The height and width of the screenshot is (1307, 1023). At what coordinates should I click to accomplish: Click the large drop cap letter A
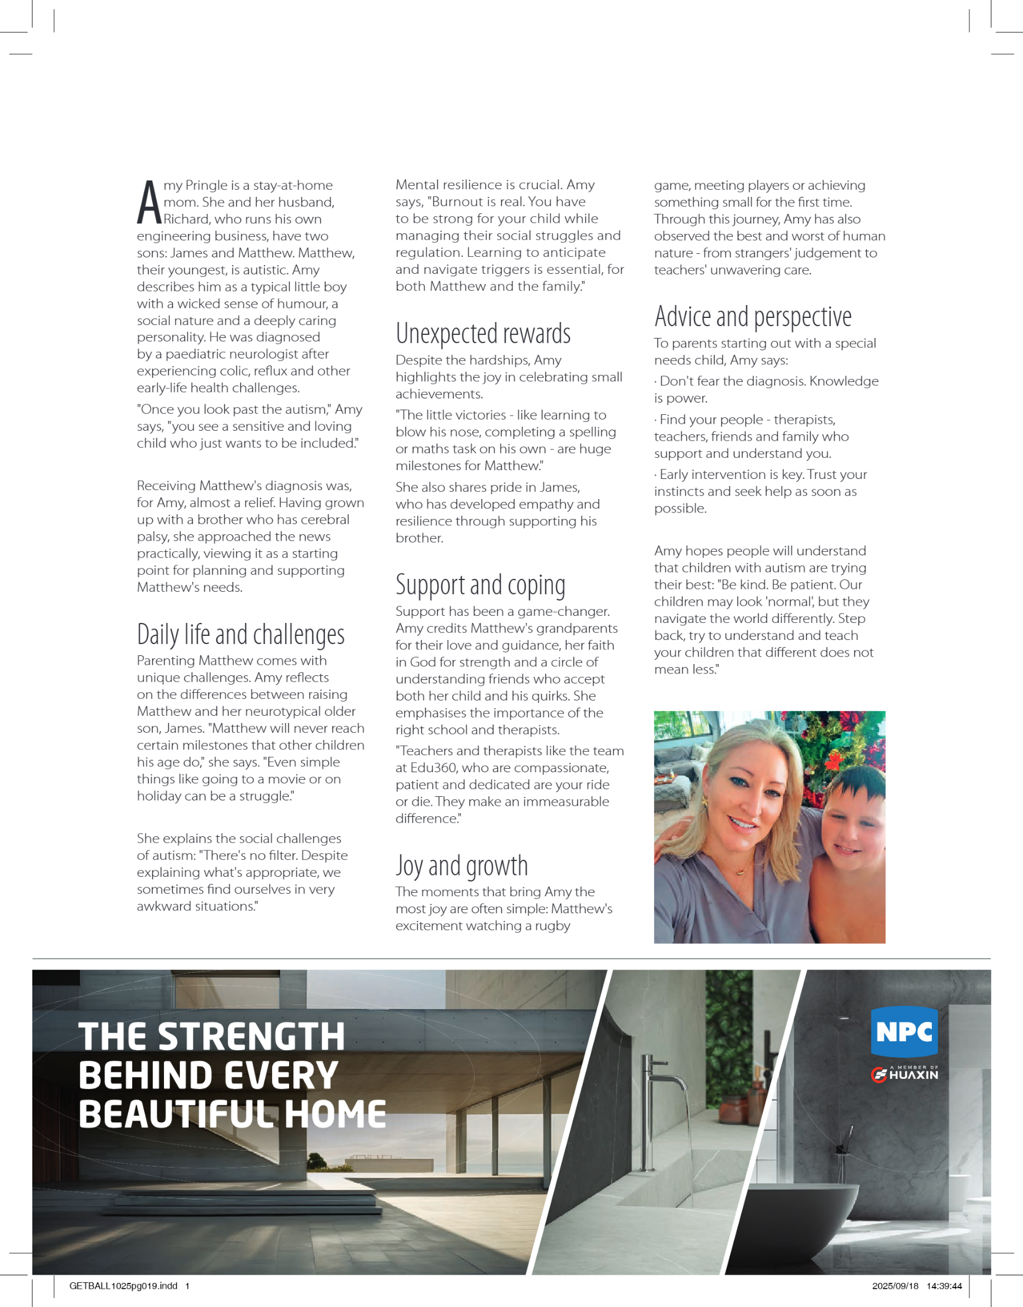149,203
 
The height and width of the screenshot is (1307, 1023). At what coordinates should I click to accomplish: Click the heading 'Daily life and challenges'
241,635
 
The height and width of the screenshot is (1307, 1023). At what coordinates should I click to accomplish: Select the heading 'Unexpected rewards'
483,334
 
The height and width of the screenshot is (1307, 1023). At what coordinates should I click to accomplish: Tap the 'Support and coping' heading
480,585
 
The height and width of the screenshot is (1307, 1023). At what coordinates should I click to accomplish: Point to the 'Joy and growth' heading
462,866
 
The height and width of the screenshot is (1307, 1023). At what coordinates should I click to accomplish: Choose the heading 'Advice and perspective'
753,317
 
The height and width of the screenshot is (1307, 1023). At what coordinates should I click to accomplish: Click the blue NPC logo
904,1031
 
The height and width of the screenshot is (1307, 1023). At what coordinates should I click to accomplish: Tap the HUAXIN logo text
913,1075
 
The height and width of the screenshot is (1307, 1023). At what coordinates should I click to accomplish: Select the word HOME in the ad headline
336,1114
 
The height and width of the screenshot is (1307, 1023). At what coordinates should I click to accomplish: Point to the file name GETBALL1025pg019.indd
123,1285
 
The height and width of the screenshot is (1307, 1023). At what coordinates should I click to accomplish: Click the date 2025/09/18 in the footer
895,1285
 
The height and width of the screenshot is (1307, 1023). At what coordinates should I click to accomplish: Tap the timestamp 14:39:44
944,1285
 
